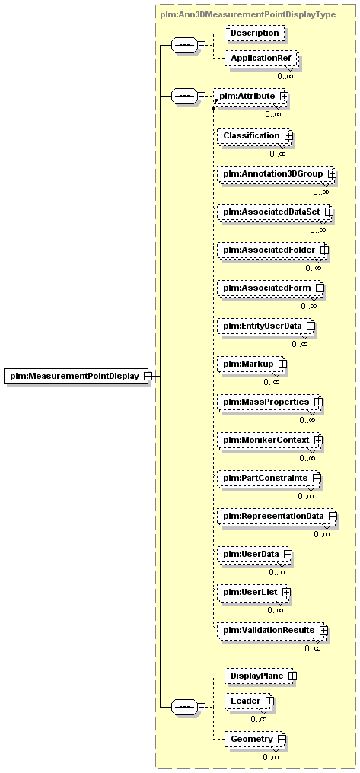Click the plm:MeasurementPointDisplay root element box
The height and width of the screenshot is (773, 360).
(x=78, y=376)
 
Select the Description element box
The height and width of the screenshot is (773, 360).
(x=255, y=33)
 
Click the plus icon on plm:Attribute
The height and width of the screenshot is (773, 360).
(x=283, y=96)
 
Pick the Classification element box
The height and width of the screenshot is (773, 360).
(x=253, y=135)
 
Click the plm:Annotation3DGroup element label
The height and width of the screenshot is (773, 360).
(x=272, y=173)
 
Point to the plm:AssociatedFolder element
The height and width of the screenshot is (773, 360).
(x=271, y=250)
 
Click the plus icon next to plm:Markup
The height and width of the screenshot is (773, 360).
(x=282, y=364)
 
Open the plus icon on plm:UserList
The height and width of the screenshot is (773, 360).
(x=286, y=592)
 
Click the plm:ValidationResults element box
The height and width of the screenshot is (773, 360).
(x=271, y=630)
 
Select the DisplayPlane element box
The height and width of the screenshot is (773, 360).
(x=260, y=676)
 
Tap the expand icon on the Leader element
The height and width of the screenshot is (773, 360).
(x=269, y=701)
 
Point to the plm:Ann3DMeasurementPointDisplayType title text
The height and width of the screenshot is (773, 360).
(x=248, y=14)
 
